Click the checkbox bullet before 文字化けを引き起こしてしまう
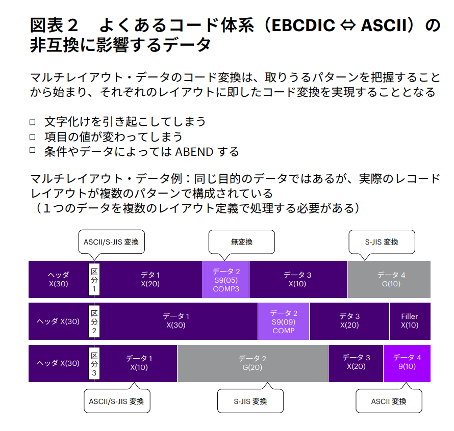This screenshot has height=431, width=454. point(33,122)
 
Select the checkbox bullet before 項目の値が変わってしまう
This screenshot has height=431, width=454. point(33,137)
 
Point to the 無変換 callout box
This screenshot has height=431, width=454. point(242,242)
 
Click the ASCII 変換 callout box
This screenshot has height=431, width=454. point(389,401)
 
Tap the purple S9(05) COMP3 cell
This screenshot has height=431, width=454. point(226,280)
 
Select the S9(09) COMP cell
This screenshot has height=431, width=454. point(284,321)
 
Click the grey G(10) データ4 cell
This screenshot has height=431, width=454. point(389,280)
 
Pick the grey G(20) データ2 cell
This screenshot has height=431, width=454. point(253,363)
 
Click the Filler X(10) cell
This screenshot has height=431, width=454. point(410,321)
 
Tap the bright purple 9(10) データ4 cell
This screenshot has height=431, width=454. point(407,363)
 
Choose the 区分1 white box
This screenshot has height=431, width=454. point(94,280)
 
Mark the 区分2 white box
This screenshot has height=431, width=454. point(94,321)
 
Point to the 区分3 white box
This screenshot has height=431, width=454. point(94,363)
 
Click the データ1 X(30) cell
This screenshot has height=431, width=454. point(176,321)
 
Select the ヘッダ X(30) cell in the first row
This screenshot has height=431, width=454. point(59,280)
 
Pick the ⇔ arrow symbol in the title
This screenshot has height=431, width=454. point(348,25)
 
